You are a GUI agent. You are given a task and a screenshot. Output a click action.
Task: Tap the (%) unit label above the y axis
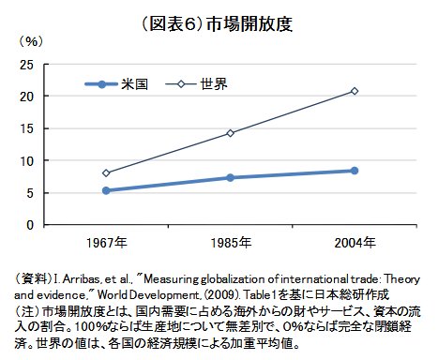tap(31, 41)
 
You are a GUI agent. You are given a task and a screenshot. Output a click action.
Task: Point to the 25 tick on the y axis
tap(28, 64)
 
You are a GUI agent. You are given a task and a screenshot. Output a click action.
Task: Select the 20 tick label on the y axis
tap(28, 97)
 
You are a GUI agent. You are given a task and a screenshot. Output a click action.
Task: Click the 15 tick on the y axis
tap(28, 128)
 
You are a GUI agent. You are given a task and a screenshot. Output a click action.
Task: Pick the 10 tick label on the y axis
tap(28, 160)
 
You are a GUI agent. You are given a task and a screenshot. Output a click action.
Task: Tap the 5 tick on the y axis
tap(31, 193)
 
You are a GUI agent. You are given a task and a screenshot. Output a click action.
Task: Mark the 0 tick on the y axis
tap(31, 225)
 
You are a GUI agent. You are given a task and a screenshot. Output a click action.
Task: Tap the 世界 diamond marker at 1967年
tap(105, 172)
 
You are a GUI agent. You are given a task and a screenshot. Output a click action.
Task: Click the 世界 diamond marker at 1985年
tap(230, 133)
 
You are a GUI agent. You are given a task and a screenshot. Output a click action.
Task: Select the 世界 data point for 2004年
tap(354, 91)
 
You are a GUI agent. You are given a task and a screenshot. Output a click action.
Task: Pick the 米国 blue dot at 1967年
tap(105, 190)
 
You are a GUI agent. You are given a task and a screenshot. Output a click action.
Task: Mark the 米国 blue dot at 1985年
tap(230, 177)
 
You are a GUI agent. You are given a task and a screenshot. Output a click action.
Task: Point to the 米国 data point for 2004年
tap(354, 171)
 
